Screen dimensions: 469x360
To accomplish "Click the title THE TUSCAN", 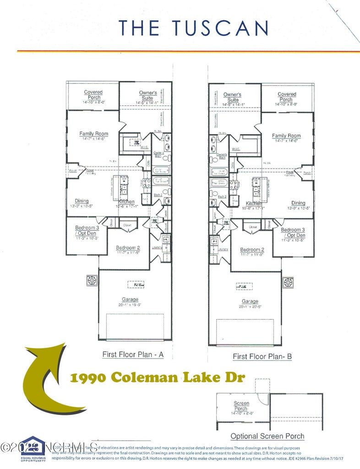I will pyautogui.click(x=193, y=28).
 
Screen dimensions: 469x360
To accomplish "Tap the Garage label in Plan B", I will pyautogui.click(x=250, y=301).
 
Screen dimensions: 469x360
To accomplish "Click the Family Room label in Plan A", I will pyautogui.click(x=93, y=134).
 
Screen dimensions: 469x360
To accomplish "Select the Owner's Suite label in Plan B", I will pyautogui.click(x=232, y=97).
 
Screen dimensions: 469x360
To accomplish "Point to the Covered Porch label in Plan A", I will pyautogui.click(x=93, y=95).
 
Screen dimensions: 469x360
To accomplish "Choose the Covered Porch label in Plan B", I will pyautogui.click(x=287, y=97).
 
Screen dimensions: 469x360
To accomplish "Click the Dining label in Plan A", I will pyautogui.click(x=82, y=201).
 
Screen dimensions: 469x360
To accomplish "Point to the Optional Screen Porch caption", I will pyautogui.click(x=267, y=436).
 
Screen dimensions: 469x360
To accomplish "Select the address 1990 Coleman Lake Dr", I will pyautogui.click(x=158, y=377).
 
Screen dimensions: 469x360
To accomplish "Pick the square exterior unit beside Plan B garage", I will pyautogui.click(x=288, y=283).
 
